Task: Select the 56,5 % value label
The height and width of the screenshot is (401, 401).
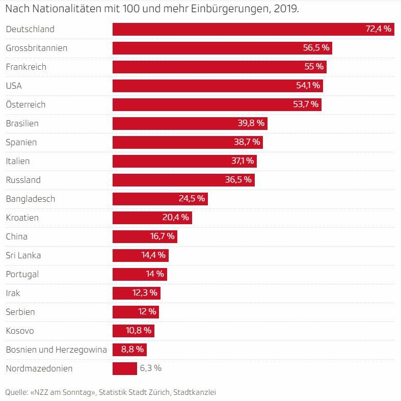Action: coord(316,48)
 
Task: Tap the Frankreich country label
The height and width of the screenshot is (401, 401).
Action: coord(26,67)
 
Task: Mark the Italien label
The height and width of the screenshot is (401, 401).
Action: coord(18,161)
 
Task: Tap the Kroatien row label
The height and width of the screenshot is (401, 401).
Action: coord(22,218)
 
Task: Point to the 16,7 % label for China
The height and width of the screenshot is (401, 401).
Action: coord(162,236)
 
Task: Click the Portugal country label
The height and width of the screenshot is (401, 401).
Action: coord(22,274)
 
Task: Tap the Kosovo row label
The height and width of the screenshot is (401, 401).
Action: coord(20,331)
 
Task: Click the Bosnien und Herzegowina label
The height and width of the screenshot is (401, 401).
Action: coord(56,350)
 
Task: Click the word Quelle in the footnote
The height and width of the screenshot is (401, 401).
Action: coord(16,392)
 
